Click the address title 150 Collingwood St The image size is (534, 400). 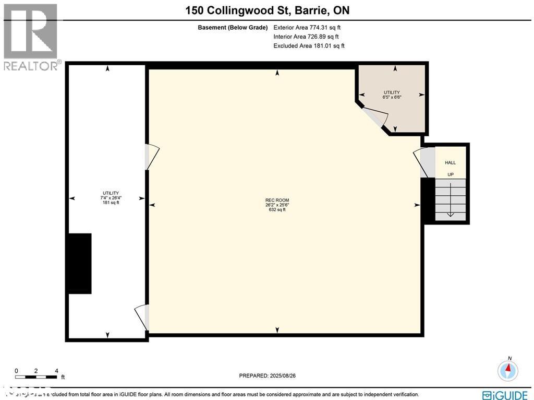(266, 10)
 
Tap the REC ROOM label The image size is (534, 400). (277, 200)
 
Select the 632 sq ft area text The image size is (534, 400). (277, 210)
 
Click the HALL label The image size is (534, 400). (450, 163)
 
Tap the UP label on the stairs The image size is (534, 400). (451, 174)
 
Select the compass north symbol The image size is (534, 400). (507, 370)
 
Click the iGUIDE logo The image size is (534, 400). (504, 395)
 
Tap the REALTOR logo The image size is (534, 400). (31, 37)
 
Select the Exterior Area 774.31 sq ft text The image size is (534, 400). (307, 28)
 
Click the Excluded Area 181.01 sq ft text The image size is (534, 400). (309, 46)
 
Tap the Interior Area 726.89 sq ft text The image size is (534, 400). (306, 37)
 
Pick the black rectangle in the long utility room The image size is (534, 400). (79, 263)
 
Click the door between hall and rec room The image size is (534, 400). (426, 162)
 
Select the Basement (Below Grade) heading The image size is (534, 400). (233, 28)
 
